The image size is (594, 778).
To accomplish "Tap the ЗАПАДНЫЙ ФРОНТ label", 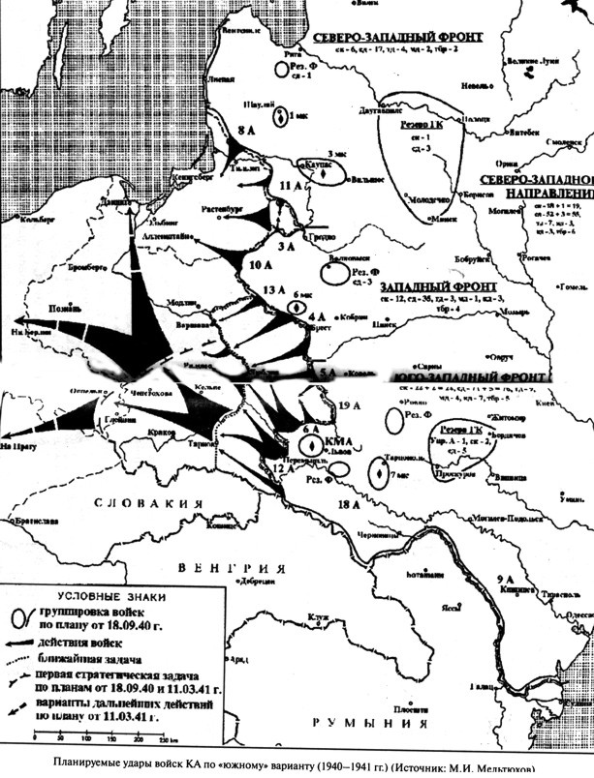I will tap(438, 288).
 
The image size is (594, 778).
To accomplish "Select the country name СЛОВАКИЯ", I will tap(146, 503).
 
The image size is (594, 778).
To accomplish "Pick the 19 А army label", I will tap(352, 405).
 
